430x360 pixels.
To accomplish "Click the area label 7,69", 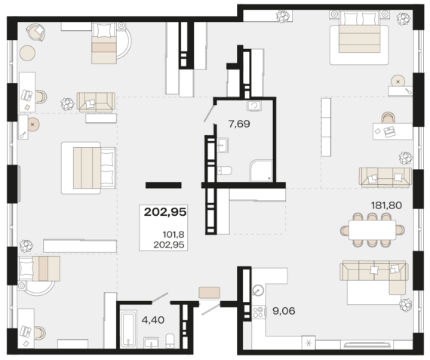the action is [239, 124].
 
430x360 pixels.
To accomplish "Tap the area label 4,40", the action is [153, 320].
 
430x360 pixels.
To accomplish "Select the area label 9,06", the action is [284, 311].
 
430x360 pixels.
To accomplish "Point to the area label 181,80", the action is [386, 205].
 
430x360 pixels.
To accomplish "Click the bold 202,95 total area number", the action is [165, 212].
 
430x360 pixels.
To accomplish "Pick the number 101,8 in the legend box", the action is [174, 235].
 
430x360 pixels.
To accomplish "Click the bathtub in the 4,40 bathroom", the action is [128, 329].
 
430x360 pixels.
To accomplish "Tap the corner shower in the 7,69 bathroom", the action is [261, 171].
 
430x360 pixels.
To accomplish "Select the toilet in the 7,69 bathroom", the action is [225, 171].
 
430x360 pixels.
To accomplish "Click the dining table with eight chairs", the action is [372, 229].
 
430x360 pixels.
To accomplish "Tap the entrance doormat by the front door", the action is [209, 293].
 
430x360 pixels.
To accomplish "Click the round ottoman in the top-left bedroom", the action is [27, 53].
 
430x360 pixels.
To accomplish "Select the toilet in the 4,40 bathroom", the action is [170, 341].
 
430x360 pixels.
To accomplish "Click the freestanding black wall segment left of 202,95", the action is [164, 185].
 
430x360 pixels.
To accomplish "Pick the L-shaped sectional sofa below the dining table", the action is [374, 277].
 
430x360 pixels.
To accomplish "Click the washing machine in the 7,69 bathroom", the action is [254, 106].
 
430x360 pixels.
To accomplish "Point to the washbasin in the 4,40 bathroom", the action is [151, 343].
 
